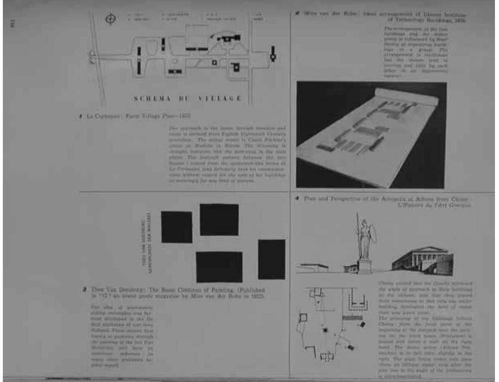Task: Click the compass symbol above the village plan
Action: click(x=109, y=20)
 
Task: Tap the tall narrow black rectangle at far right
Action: click(x=271, y=259)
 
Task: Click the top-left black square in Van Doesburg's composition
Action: click(x=176, y=227)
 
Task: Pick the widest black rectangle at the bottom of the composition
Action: click(x=219, y=267)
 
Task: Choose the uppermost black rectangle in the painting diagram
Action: click(x=219, y=220)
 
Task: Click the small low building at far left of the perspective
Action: click(x=312, y=267)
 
